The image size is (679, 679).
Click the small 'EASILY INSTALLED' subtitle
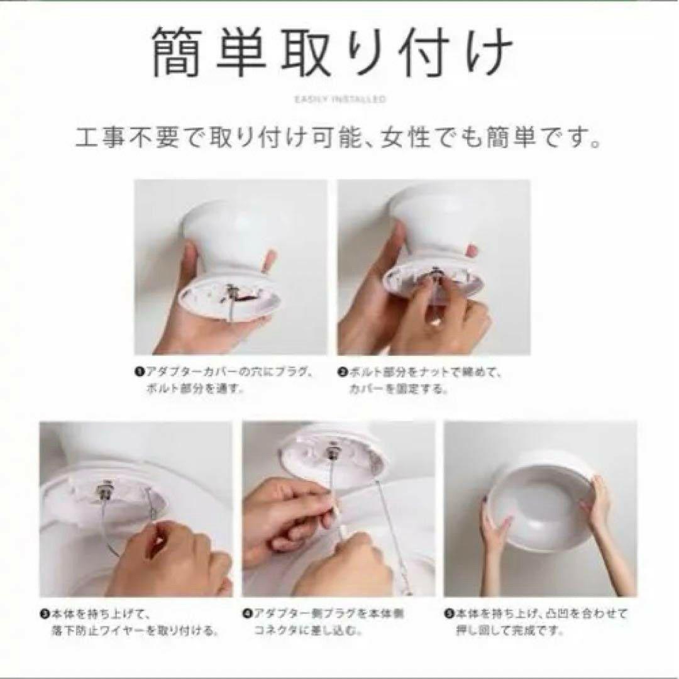coord(340,99)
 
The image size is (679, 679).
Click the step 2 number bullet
coord(343,372)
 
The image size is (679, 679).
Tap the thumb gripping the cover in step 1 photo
coord(269,259)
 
